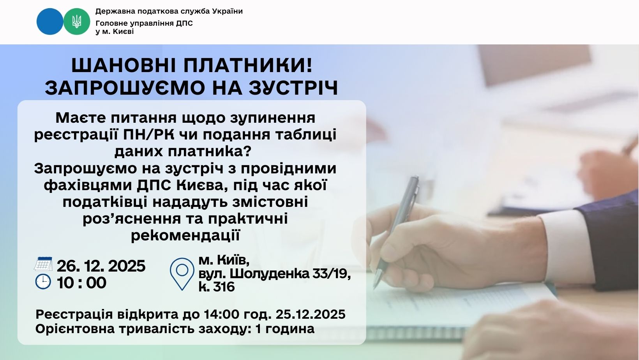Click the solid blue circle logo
coord(50,21)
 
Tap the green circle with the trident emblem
coord(76,21)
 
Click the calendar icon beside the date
coord(43,264)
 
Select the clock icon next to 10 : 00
coord(43,282)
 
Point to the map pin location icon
coord(182,274)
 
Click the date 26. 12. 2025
coord(101,266)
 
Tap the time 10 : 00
coord(81,283)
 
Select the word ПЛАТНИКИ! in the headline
coord(248,65)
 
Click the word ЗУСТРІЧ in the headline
coord(293,88)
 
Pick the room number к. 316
coord(217,287)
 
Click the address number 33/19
coord(332,274)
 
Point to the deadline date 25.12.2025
coord(311,314)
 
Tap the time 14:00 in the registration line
coord(221,314)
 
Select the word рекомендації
coord(185,235)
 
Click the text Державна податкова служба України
coord(169,11)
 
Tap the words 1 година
coord(285,329)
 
